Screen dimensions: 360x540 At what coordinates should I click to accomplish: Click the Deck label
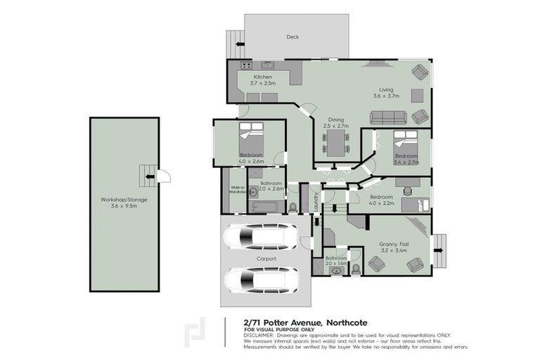(x=292, y=37)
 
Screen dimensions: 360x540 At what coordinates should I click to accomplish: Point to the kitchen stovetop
(x=246, y=65)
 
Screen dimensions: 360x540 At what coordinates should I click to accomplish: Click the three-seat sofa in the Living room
(x=390, y=117)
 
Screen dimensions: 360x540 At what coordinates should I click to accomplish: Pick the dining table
(x=336, y=143)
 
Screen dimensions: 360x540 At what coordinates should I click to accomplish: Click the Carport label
(x=266, y=259)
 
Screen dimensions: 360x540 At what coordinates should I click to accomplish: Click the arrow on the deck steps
(x=240, y=44)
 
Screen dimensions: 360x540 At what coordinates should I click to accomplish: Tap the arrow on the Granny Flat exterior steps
(x=437, y=249)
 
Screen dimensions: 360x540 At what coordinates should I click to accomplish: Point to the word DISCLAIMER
(x=259, y=335)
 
